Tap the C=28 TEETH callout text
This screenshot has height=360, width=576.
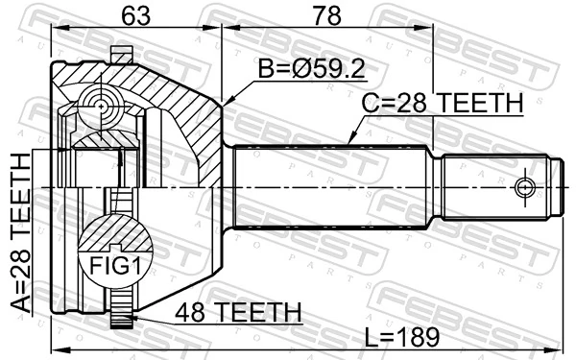[442, 104]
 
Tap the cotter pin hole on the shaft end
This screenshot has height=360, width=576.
[524, 185]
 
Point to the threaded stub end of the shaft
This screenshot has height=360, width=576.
[499, 185]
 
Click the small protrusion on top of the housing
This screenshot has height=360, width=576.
[120, 54]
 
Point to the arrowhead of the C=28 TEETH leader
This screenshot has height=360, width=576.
[351, 143]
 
